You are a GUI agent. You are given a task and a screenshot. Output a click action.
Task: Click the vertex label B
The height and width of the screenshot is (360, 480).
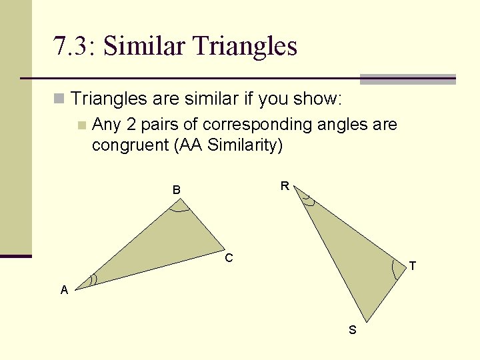click(x=176, y=190)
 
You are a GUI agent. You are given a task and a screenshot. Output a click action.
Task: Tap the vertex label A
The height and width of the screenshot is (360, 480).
click(x=64, y=289)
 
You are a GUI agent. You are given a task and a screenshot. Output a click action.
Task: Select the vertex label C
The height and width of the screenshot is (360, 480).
click(x=229, y=258)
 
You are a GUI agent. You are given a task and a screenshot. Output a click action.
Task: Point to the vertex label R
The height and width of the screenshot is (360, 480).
click(x=285, y=186)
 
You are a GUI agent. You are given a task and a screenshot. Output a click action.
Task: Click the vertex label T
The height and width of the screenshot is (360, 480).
click(x=413, y=266)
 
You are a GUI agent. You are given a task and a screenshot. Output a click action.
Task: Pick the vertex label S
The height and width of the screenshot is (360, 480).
click(x=353, y=330)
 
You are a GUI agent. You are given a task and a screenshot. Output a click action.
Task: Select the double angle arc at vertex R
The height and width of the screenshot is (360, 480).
click(x=307, y=198)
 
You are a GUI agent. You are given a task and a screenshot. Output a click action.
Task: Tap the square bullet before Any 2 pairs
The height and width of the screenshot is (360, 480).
click(x=81, y=125)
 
